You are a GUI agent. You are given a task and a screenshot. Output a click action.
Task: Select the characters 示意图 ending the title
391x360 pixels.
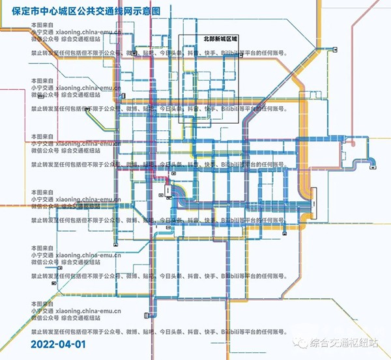(x=164, y=12)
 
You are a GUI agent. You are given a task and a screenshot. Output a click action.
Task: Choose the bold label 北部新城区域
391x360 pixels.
(x=221, y=39)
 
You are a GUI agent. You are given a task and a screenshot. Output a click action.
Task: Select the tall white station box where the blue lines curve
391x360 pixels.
(x=169, y=190)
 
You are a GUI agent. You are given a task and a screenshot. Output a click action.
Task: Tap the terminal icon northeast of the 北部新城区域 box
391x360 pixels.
(x=334, y=49)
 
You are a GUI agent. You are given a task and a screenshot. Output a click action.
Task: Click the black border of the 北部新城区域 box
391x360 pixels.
(x=179, y=78)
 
